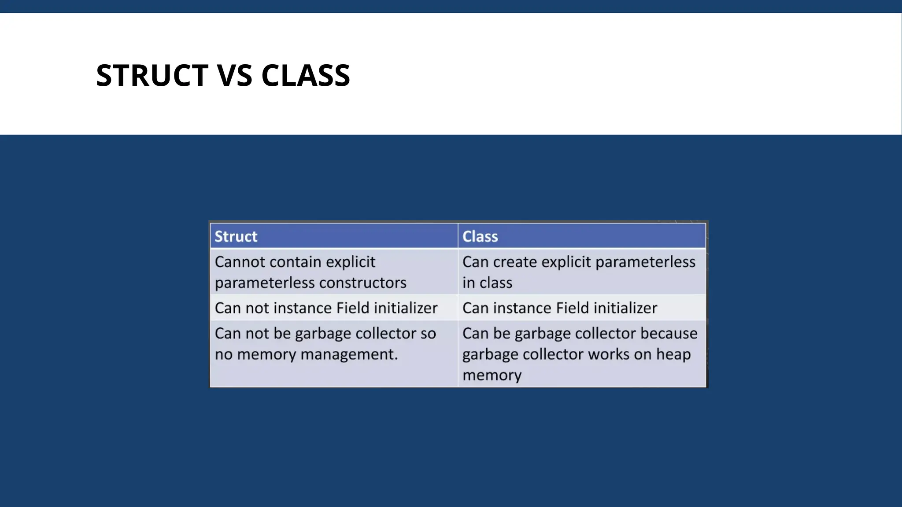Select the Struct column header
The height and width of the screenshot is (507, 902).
(236, 236)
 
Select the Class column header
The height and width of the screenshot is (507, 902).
(480, 236)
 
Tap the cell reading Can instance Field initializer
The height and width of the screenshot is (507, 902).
(559, 308)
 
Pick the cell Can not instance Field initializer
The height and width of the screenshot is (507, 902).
(326, 308)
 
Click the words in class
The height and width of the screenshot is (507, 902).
(487, 283)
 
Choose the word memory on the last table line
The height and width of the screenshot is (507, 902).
(492, 375)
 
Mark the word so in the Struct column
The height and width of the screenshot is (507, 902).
(428, 334)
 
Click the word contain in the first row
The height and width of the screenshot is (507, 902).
(295, 262)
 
